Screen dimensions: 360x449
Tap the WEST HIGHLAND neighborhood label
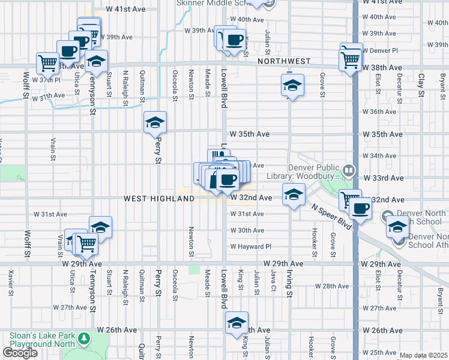(x=151, y=198)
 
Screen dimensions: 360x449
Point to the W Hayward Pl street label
(x=251, y=247)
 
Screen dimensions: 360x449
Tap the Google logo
(x=20, y=353)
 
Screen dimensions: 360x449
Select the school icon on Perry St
(x=155, y=123)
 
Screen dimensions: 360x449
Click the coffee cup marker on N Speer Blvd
(x=360, y=209)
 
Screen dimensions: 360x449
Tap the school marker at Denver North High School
(x=397, y=227)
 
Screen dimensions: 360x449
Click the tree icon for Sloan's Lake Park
(x=83, y=339)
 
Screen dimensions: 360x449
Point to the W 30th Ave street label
(x=247, y=230)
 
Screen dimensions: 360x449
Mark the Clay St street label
(x=421, y=80)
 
